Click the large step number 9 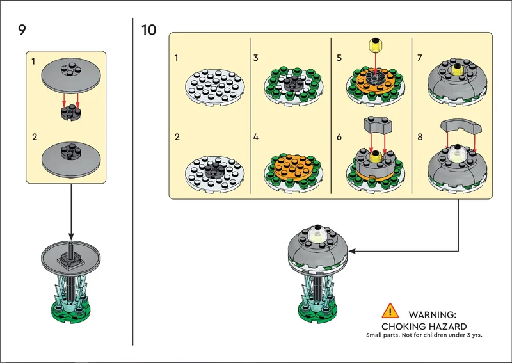[x=22, y=29]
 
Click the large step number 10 [x=148, y=29]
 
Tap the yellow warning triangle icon [x=390, y=311]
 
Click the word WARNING [x=433, y=315]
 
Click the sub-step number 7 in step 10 [x=420, y=58]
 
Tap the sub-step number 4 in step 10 [x=255, y=137]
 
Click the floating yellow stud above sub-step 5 [x=376, y=45]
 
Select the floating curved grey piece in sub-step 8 [x=461, y=126]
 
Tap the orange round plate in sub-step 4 [x=294, y=167]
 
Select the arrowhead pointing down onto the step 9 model [x=71, y=236]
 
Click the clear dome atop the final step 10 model [x=317, y=233]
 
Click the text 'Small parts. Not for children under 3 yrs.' [x=424, y=335]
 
